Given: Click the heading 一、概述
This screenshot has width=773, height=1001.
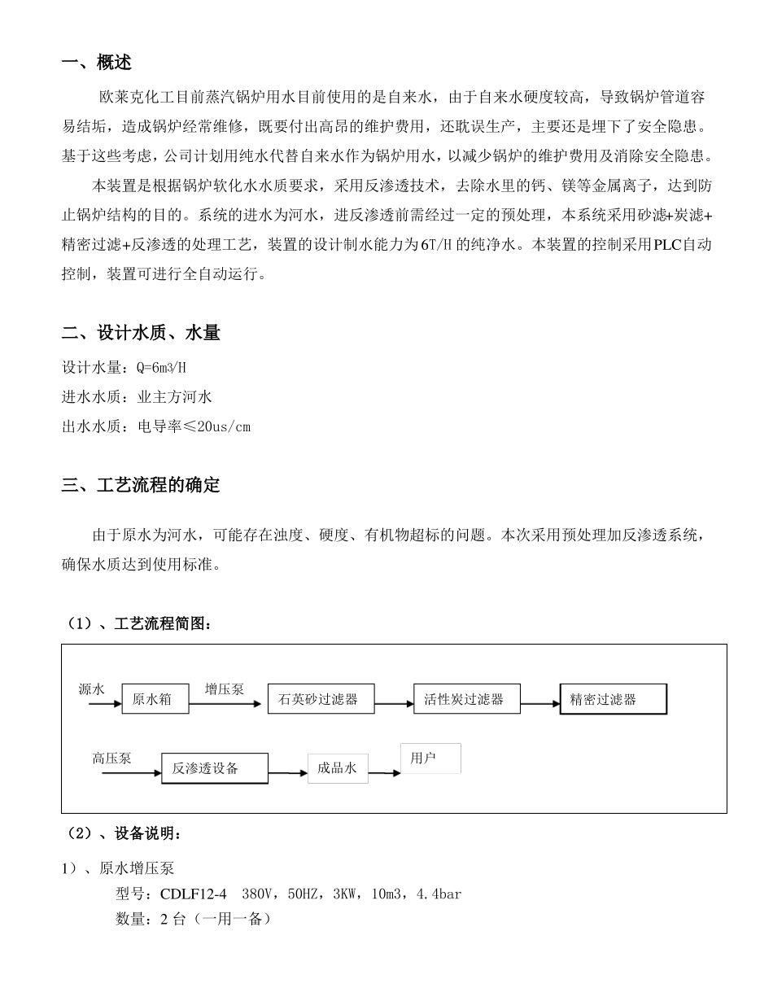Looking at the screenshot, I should point(97,63).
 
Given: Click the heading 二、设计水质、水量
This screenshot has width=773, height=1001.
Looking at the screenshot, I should point(141,333).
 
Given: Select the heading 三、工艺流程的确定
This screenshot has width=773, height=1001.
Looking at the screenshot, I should point(141,486).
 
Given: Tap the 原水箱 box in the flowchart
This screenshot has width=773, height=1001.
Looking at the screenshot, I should point(155,699).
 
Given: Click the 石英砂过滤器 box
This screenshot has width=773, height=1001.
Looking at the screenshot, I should point(321,699).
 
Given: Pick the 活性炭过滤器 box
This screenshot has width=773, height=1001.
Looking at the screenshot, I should point(466,699).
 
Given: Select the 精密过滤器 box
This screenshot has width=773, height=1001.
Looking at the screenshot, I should point(613,699).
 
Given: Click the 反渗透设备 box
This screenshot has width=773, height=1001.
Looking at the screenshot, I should point(215,768).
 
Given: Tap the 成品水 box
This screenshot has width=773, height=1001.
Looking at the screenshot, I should point(338,768).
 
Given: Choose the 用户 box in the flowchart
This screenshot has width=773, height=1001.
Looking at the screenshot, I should point(430,758).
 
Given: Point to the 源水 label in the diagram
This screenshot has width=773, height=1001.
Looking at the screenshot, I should point(92,689).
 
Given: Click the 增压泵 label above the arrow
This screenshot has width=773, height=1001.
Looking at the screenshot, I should point(225,689).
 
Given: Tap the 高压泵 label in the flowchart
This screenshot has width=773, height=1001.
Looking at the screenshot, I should point(111,758).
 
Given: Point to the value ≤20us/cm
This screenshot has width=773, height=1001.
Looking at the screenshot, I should point(221,426).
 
